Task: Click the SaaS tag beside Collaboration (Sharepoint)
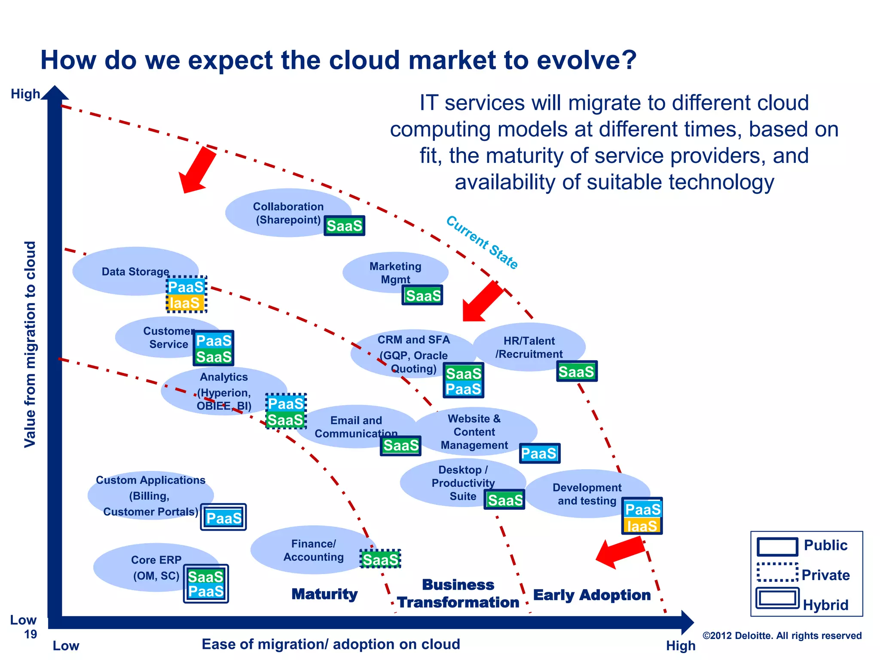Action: coord(344,226)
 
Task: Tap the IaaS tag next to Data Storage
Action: coord(185,303)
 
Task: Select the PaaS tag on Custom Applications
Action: coord(223,518)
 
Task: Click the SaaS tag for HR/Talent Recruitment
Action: coord(576,371)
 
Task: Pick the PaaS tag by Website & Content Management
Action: coord(539,453)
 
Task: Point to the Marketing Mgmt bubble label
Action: coord(395,272)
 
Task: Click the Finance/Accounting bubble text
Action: coord(313,550)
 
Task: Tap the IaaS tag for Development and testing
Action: coord(642,526)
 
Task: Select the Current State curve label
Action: coord(482,242)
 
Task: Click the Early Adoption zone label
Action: coord(592,595)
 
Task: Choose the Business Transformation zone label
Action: coord(458,593)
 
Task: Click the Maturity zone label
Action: coord(324,594)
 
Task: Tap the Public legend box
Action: coord(777,547)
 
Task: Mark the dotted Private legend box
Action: coord(777,572)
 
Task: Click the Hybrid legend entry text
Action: coord(825,605)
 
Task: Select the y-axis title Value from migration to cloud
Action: coord(30,344)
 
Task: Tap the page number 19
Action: coord(31,634)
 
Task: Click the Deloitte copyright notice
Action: coord(782,636)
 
